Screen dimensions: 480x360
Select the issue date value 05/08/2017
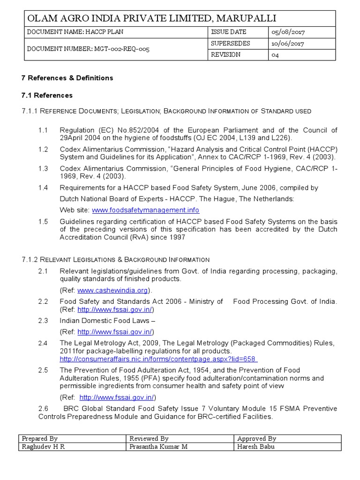pos(287,32)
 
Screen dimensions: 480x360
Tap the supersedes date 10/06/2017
pos(287,44)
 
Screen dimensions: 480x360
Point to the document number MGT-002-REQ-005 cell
pos(89,49)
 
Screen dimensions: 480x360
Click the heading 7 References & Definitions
pos(67,78)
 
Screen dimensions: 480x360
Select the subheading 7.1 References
pos(47,95)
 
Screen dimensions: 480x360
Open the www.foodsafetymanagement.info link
pos(145,210)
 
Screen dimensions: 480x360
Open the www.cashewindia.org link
pos(112,290)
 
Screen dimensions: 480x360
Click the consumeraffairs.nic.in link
pos(159,359)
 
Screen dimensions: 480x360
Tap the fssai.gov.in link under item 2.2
pos(115,309)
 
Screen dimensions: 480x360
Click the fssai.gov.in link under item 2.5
pos(117,397)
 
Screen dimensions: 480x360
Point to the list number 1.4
pos(43,187)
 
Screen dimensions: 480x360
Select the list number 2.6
pos(43,409)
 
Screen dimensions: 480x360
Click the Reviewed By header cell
pos(149,439)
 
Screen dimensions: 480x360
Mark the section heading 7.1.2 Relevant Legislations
pos(116,259)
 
